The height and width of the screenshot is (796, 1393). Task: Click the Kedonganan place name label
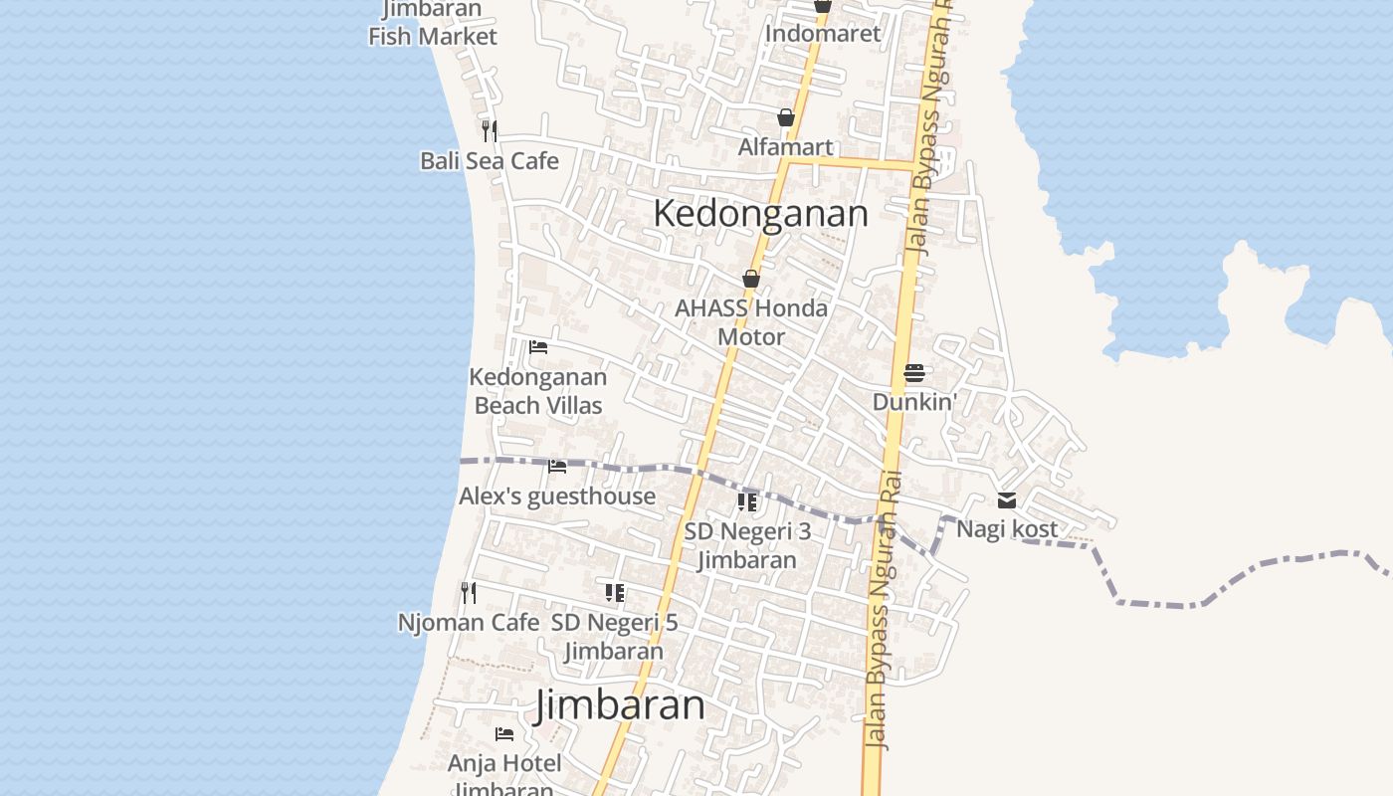[x=760, y=214]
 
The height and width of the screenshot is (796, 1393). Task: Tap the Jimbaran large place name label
[x=620, y=705]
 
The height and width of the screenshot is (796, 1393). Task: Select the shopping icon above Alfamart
[x=786, y=118]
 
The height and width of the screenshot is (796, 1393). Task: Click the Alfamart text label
[x=786, y=147]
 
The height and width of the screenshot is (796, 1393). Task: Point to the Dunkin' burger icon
[x=914, y=374]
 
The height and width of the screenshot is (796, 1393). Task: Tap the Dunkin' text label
[x=914, y=402]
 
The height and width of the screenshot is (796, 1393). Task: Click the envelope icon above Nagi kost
[x=1007, y=500]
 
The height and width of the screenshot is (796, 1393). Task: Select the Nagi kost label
[x=1007, y=529]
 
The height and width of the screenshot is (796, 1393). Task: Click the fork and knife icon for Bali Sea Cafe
[x=489, y=131]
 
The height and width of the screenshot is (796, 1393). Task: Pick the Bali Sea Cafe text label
[x=489, y=161]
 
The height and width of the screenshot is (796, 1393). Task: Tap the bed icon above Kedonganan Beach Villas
[x=538, y=347]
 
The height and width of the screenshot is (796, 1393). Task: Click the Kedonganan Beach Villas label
[x=538, y=391]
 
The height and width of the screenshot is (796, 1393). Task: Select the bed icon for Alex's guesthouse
[x=557, y=466]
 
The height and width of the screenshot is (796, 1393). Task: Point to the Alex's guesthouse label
[x=557, y=497]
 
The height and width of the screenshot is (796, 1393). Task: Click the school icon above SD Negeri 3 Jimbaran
[x=747, y=502]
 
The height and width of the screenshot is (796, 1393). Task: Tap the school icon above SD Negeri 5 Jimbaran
[x=615, y=593]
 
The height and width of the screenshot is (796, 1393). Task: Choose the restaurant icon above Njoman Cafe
[x=468, y=593]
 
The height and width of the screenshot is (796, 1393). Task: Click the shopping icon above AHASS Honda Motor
[x=751, y=280]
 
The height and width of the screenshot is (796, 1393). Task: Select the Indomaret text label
[x=823, y=34]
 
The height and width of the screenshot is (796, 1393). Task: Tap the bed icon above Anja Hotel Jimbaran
[x=504, y=734]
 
